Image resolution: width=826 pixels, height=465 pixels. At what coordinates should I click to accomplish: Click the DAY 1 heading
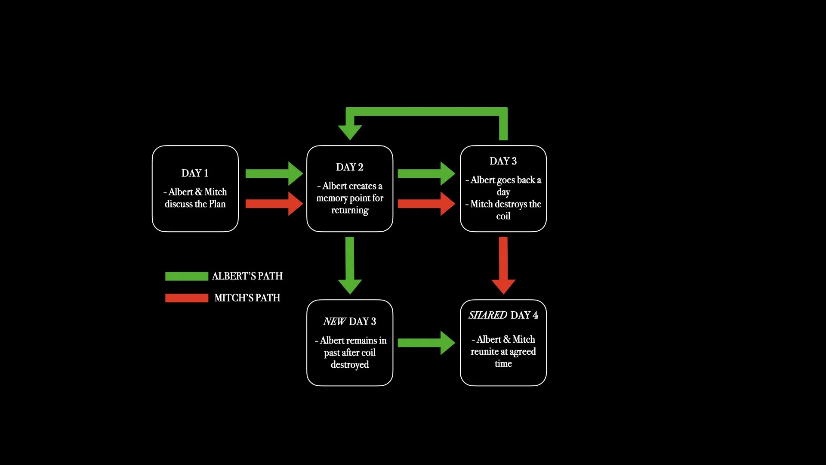click(x=195, y=173)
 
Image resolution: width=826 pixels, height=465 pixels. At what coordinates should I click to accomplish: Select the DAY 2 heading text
click(x=350, y=167)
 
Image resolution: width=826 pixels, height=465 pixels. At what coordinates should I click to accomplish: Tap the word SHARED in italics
click(x=488, y=315)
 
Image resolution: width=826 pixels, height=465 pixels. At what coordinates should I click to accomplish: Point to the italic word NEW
click(x=334, y=322)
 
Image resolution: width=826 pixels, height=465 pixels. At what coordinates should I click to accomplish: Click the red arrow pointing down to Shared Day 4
click(x=503, y=265)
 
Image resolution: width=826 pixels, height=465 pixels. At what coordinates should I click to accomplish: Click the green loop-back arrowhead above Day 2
click(x=350, y=131)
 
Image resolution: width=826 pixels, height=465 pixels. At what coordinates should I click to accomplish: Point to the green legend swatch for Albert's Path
click(x=187, y=276)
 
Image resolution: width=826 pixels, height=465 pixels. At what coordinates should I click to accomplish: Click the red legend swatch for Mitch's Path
click(x=187, y=298)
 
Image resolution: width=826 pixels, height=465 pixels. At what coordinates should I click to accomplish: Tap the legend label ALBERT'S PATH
click(x=247, y=276)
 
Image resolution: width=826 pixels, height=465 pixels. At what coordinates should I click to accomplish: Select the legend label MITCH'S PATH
click(x=247, y=298)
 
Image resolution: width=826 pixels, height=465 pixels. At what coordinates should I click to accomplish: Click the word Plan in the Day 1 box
click(x=217, y=204)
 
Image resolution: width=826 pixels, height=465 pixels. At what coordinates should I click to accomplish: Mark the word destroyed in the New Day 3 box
click(x=350, y=365)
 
